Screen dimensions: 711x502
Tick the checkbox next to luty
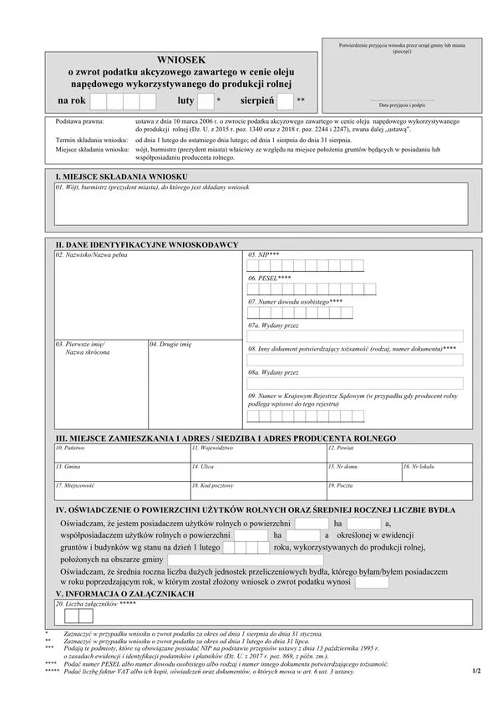point(205,102)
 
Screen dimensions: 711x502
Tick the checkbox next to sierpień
point(285,102)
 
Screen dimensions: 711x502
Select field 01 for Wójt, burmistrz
point(259,206)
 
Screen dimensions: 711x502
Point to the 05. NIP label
point(264,253)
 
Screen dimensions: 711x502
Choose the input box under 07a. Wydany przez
point(355,336)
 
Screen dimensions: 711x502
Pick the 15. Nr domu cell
point(363,472)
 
